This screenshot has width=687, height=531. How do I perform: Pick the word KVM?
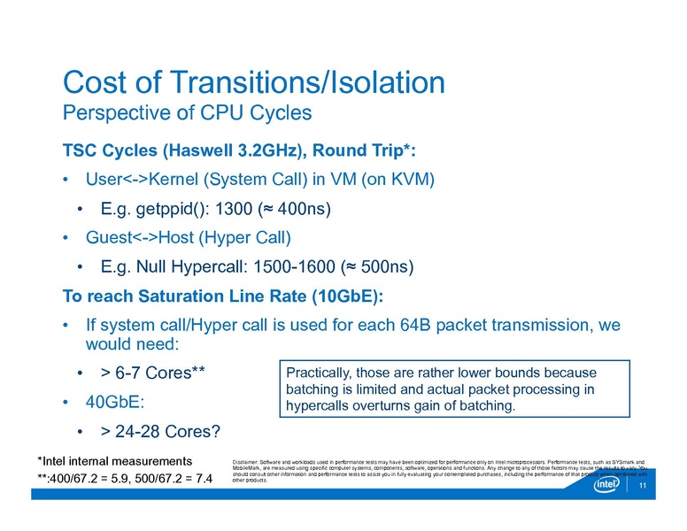tap(408, 179)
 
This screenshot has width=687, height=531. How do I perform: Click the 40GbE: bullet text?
tap(115, 402)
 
